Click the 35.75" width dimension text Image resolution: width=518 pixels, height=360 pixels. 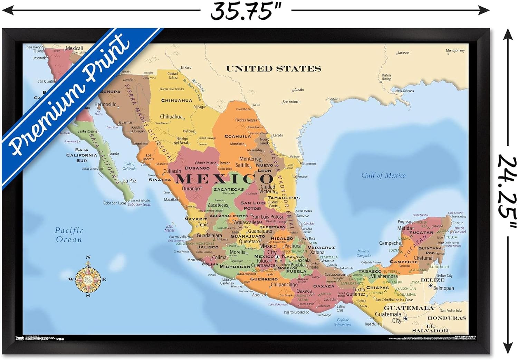(x=246, y=11)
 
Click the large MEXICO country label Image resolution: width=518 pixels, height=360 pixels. (x=224, y=179)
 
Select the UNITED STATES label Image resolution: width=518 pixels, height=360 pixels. (x=273, y=69)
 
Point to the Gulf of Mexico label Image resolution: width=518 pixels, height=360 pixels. (x=383, y=176)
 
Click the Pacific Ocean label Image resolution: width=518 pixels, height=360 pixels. (x=69, y=235)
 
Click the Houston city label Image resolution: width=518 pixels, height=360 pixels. (x=333, y=98)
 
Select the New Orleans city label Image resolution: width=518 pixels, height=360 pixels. (x=404, y=91)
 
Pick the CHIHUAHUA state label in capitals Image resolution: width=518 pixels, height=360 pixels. (x=176, y=101)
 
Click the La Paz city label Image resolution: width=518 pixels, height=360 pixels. (x=130, y=181)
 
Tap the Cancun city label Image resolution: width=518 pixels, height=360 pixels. (x=458, y=223)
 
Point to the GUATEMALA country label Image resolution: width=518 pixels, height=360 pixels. (x=409, y=308)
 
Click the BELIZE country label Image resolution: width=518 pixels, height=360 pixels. (x=432, y=280)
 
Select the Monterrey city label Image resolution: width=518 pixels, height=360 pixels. (x=250, y=159)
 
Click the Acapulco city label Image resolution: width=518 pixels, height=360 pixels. (x=259, y=295)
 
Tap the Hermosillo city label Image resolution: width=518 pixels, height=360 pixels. (x=105, y=104)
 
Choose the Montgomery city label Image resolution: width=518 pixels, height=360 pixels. (x=455, y=50)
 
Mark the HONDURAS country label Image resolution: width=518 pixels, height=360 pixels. (x=447, y=318)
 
